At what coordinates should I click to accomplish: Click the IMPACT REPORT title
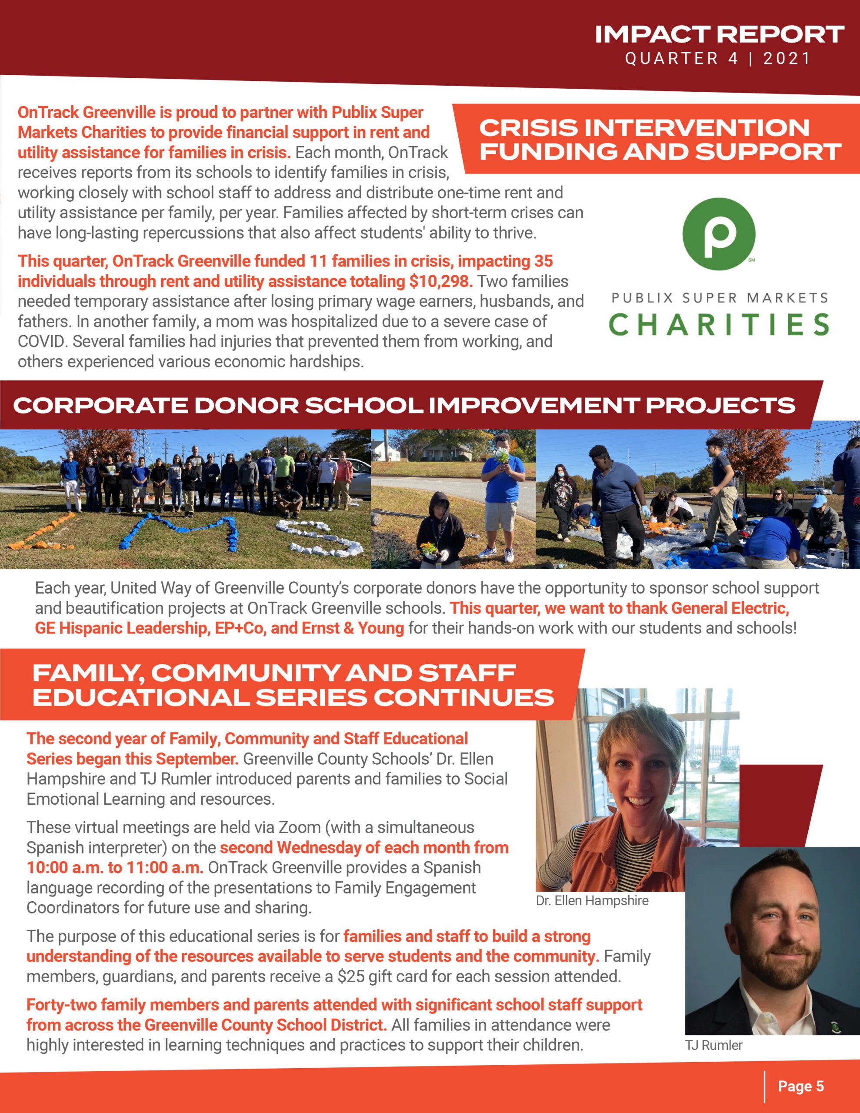[719, 35]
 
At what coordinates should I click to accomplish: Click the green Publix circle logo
[719, 234]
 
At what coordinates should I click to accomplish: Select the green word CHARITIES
[719, 325]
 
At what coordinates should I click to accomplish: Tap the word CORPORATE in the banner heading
[100, 406]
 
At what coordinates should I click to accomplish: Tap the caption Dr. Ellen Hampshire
[592, 900]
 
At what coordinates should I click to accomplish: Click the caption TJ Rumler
[713, 1045]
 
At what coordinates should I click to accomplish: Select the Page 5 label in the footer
[800, 1086]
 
